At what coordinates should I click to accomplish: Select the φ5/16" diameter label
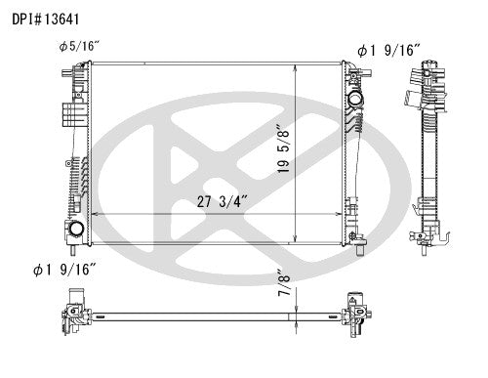[x=78, y=46]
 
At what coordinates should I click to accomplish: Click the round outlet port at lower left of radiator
[x=75, y=230]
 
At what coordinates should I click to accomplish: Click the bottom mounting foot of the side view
[x=427, y=244]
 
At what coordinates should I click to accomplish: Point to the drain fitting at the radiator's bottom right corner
[x=355, y=238]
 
